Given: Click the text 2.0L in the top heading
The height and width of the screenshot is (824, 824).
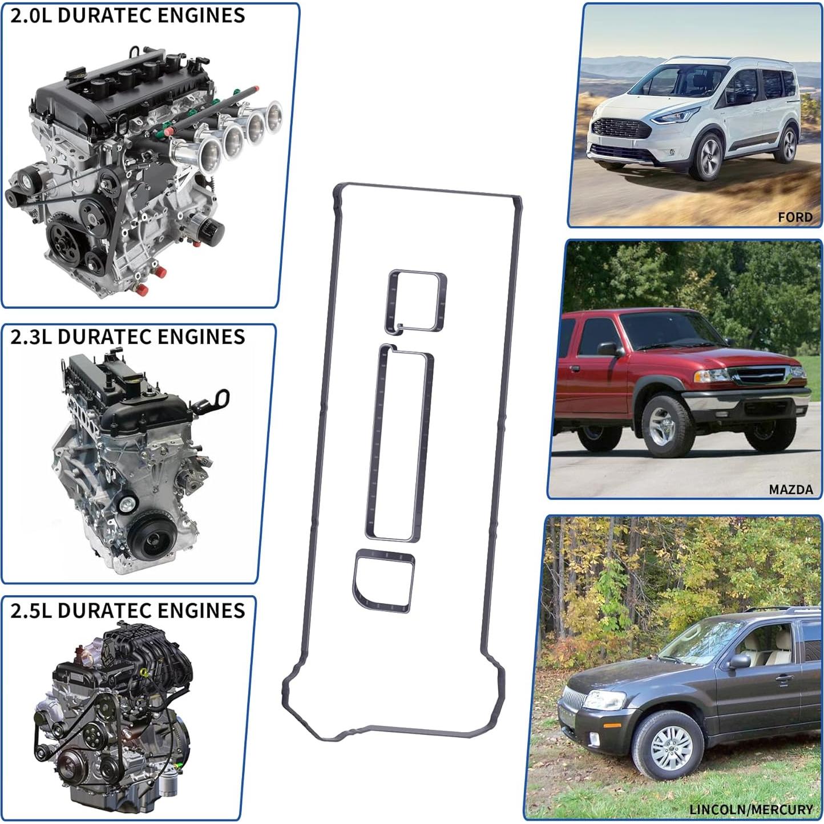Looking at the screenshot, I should tap(31, 16).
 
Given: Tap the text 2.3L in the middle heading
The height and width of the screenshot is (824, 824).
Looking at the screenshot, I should tap(31, 337).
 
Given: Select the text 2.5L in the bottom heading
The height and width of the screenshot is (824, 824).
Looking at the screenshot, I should tap(31, 611).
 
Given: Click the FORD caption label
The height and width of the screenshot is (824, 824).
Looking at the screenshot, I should tap(795, 217).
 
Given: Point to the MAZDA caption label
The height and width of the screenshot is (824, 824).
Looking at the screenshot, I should tap(790, 490).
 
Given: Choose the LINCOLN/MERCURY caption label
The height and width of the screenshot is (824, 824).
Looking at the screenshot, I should tap(750, 809).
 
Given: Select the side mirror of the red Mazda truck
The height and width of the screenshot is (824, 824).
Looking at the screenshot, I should tap(608, 349).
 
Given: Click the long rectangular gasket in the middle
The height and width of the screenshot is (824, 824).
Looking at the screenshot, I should tap(399, 442).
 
